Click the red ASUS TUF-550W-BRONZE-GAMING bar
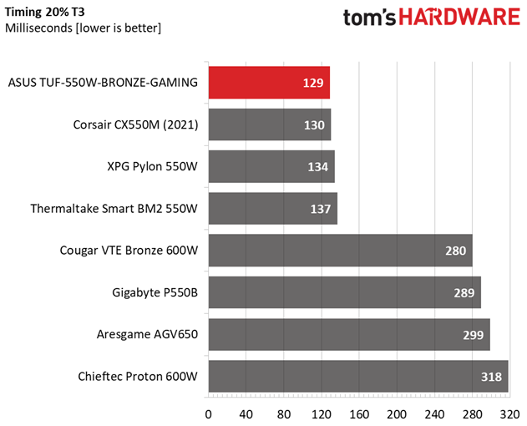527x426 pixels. point(269,83)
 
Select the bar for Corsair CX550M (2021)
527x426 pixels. point(270,124)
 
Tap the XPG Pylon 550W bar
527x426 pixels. point(271,166)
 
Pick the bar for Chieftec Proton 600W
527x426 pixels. point(358,376)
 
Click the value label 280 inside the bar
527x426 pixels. point(455,251)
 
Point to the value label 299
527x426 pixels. point(473,335)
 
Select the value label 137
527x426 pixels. point(321,209)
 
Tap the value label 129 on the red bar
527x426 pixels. point(313,83)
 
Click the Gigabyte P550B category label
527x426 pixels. point(155,293)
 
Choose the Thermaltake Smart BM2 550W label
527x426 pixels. point(114,209)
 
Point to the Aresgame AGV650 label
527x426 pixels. point(147,335)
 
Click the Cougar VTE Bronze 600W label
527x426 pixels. point(129,251)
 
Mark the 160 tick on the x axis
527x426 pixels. point(359,414)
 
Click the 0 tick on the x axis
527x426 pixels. point(209,414)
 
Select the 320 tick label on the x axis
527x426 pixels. point(509,414)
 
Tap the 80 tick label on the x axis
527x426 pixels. point(284,414)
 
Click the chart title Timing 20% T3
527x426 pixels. point(45,12)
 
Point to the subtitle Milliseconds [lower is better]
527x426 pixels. point(83,28)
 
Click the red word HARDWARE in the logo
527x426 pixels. point(459,18)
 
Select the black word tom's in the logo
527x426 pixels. point(369,18)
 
